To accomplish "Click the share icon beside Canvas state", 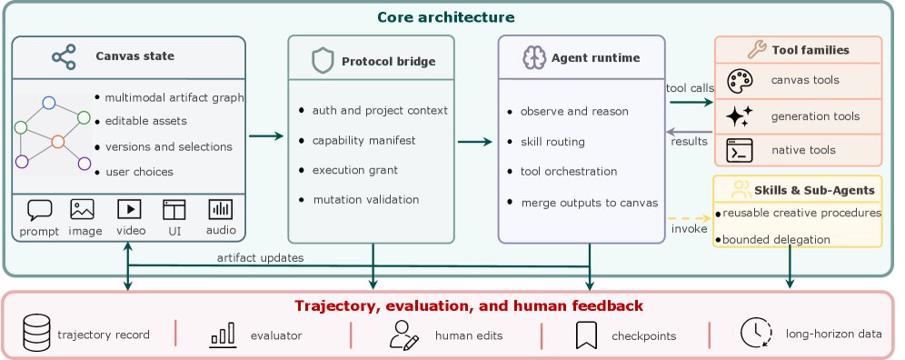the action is click(x=65, y=56).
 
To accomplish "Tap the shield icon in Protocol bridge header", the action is click(x=323, y=61).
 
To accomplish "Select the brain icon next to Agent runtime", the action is click(x=534, y=58).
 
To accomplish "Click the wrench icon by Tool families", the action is click(x=757, y=50).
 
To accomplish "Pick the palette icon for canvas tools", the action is click(x=739, y=81).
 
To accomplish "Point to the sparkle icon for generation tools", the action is click(x=739, y=116).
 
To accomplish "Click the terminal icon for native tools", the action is click(x=740, y=150).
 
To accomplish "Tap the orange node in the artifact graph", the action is click(x=58, y=142).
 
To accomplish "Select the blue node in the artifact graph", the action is click(x=49, y=103).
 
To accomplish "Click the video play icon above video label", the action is click(x=129, y=209).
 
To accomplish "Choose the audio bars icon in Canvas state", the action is click(x=221, y=209).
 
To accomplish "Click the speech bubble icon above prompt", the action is click(x=39, y=210).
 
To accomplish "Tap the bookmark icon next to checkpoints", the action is click(x=586, y=335).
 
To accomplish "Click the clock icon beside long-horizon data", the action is click(x=756, y=333).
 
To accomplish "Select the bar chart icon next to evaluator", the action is click(x=223, y=335).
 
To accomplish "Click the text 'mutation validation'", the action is click(x=366, y=200).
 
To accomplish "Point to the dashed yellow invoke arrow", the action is click(x=689, y=218).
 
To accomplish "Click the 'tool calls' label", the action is click(x=690, y=88).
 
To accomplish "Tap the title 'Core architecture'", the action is click(x=446, y=17).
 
